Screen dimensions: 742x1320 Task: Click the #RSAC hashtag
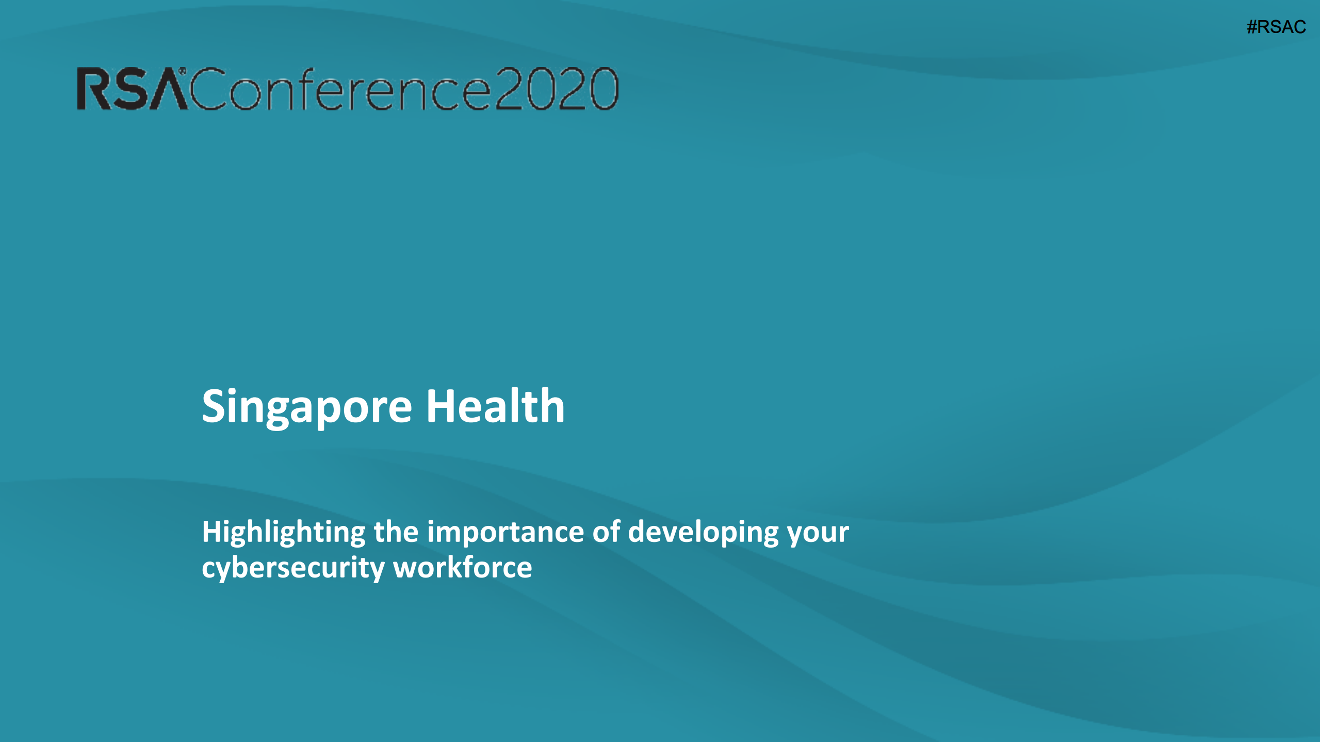[x=1276, y=27]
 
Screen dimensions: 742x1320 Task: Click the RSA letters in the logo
[x=132, y=90]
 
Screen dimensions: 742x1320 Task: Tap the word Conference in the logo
[x=340, y=90]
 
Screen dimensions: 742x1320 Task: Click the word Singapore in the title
[x=307, y=407]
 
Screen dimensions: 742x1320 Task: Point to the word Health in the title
[x=495, y=406]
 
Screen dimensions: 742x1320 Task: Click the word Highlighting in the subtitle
[x=284, y=533]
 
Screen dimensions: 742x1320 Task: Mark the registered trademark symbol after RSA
[x=182, y=70]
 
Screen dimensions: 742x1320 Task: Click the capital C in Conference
[x=208, y=89]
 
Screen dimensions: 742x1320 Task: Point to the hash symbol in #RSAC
[x=1252, y=27]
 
